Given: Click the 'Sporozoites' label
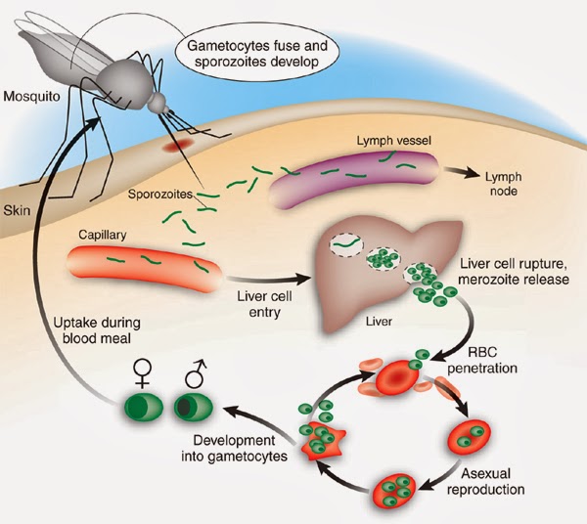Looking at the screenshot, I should [x=158, y=194].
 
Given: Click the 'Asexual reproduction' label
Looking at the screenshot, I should [x=493, y=479].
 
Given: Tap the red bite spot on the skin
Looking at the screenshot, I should [x=179, y=146].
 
